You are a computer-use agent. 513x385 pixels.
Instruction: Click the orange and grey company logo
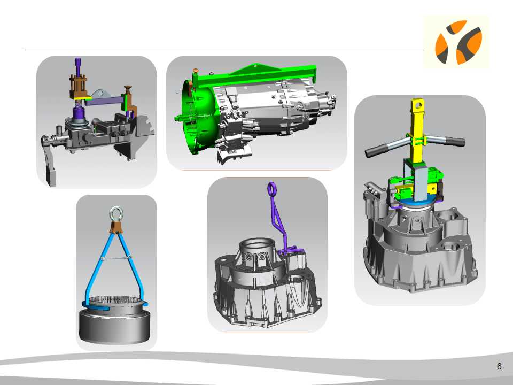tap(458, 42)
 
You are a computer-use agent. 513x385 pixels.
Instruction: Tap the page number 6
tap(499, 366)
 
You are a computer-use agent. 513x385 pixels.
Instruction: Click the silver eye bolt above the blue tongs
tap(116, 214)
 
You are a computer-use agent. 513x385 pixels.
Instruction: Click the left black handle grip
tap(376, 151)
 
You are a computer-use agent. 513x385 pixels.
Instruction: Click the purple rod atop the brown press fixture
tap(78, 66)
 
